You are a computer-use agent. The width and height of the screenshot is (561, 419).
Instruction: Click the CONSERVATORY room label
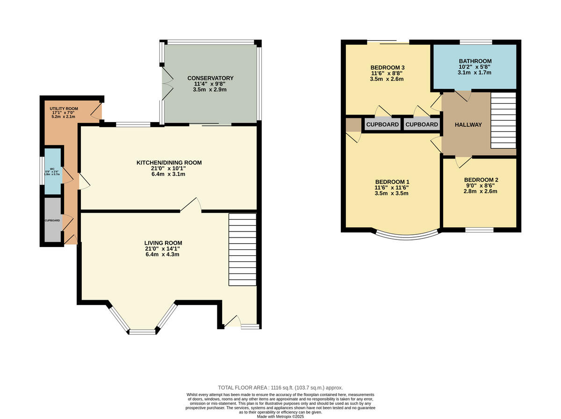tap(210, 78)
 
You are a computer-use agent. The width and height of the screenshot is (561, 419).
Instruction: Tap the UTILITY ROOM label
tap(64, 108)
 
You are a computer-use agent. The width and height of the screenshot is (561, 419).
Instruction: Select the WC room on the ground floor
tap(52, 171)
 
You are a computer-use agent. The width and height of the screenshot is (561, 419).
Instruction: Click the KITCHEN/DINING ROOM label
tap(169, 163)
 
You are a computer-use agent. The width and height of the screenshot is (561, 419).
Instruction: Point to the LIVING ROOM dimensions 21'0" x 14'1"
tap(163, 249)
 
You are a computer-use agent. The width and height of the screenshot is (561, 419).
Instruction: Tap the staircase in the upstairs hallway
tap(503, 120)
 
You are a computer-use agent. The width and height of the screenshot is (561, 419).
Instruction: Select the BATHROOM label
tap(475, 61)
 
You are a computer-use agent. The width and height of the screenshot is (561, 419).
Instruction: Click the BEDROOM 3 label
tap(388, 68)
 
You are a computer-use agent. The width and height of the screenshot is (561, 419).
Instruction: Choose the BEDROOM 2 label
tap(481, 180)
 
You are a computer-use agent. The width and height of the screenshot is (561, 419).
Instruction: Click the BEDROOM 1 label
tap(392, 182)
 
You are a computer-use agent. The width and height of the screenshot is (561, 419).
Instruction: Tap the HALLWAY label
tap(468, 124)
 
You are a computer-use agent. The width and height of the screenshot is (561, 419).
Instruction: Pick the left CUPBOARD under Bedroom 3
tap(382, 124)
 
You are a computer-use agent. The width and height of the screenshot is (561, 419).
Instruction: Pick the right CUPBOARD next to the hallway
tap(421, 124)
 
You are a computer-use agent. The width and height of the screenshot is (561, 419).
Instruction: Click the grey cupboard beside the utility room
tap(52, 220)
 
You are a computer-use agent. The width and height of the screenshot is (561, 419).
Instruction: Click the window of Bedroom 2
tap(479, 230)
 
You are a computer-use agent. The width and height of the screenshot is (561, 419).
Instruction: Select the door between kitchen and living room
tap(191, 206)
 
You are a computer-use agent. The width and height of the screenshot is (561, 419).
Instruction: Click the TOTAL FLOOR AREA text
tap(280, 388)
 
